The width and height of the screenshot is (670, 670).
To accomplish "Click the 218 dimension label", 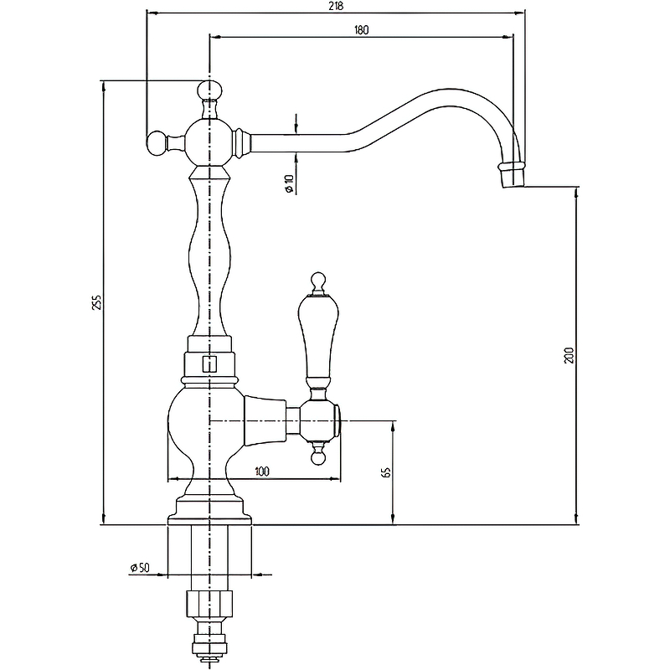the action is tap(337, 6).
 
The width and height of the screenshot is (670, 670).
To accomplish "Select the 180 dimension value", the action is tap(361, 30).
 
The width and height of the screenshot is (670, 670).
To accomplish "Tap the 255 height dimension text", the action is tap(98, 302).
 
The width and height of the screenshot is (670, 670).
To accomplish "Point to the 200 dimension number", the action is tap(569, 355).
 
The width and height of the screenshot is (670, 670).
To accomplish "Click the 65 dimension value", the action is tap(387, 472).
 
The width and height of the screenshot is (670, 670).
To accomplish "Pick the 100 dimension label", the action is tap(262, 471).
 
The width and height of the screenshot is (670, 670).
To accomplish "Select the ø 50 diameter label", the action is tap(140, 568).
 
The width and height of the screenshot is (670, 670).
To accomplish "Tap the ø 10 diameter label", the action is tap(289, 183).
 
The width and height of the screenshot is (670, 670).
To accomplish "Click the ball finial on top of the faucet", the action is tap(210, 90).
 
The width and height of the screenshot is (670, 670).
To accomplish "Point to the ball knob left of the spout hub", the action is tap(157, 143).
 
